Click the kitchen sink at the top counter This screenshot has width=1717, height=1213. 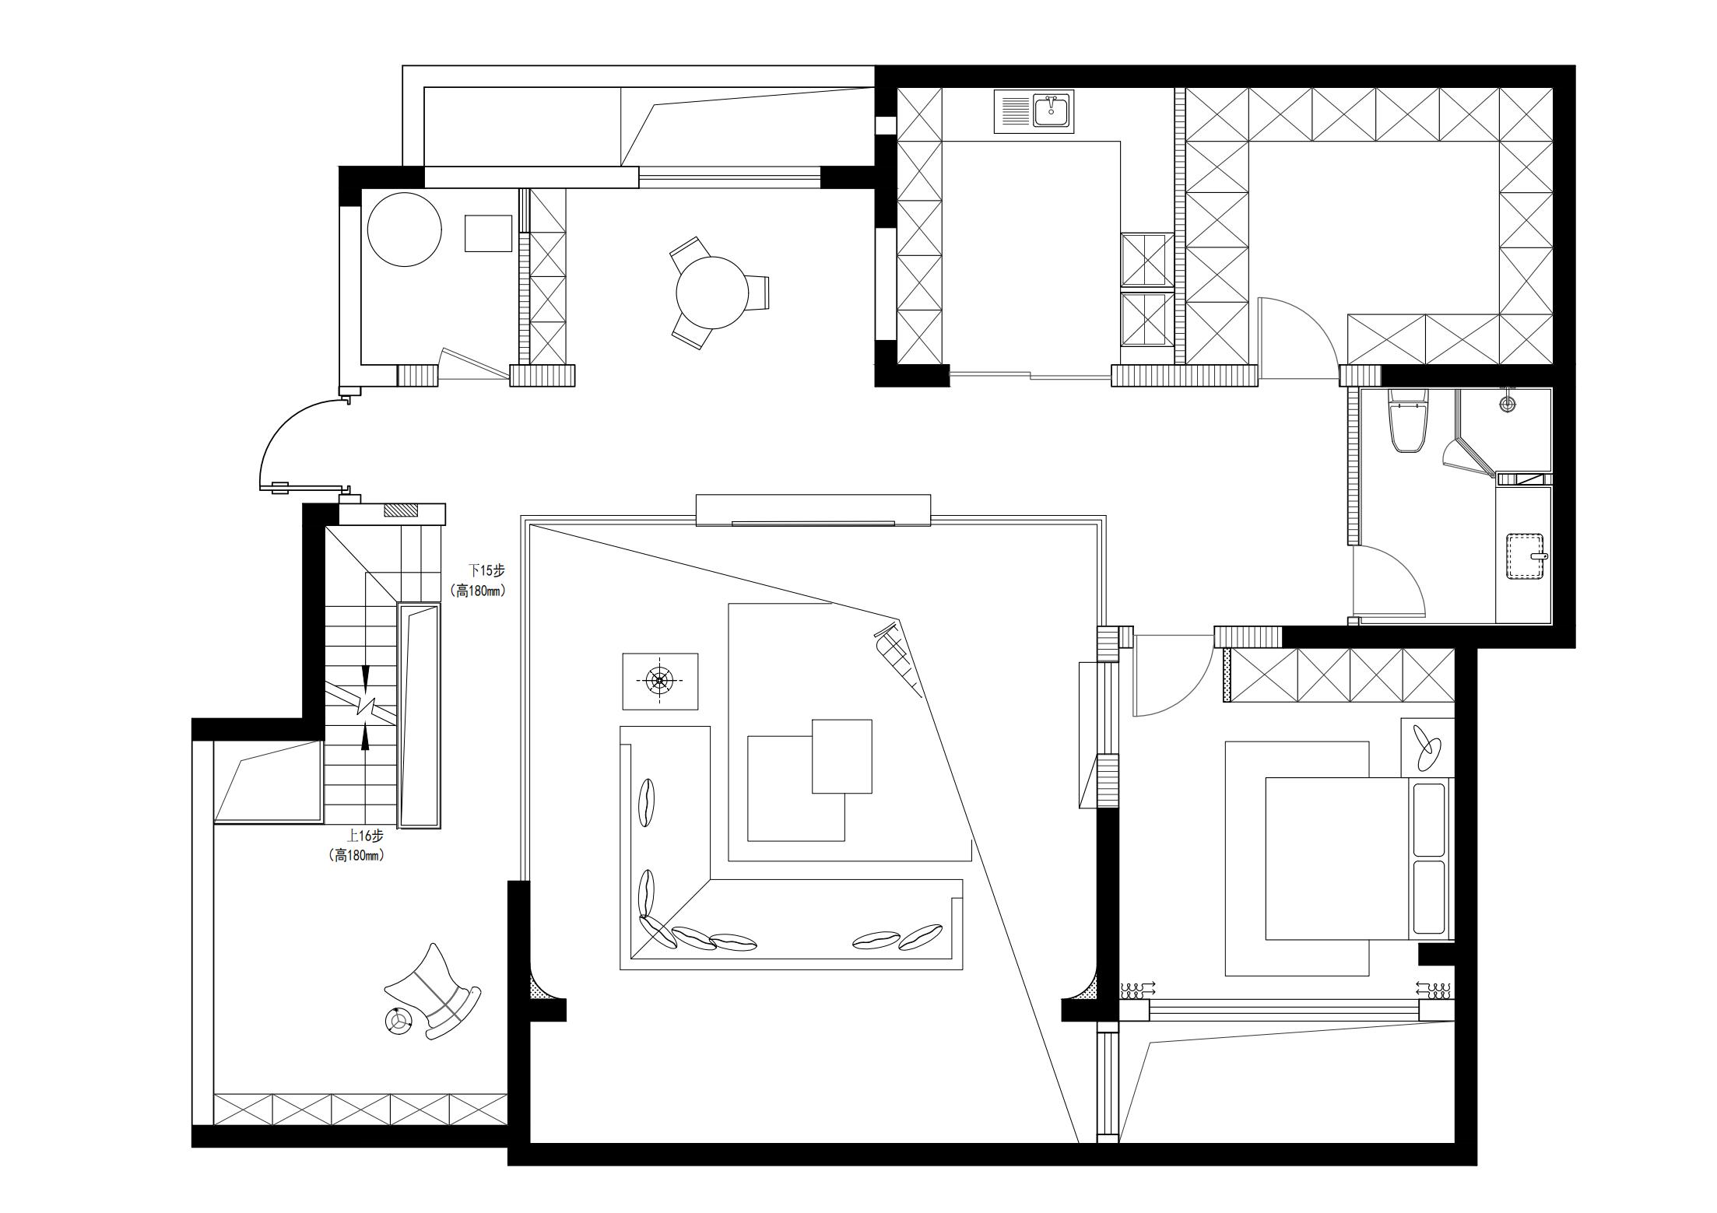[1034, 111]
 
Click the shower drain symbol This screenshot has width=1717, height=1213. [1509, 403]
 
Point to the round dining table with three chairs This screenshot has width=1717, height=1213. [712, 293]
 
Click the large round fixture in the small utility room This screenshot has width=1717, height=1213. [404, 229]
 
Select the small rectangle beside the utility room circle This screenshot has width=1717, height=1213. [489, 233]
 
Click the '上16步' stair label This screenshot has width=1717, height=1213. [366, 836]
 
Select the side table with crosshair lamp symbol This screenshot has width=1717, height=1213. [660, 681]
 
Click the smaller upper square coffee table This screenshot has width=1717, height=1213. [841, 756]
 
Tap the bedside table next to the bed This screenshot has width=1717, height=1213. [1427, 747]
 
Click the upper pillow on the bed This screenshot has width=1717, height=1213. [1429, 818]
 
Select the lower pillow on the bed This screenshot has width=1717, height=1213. [1429, 896]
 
